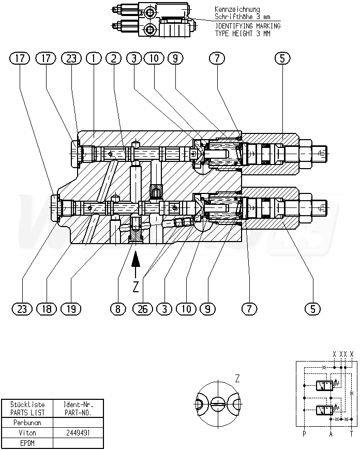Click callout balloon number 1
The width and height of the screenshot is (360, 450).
click(x=94, y=58)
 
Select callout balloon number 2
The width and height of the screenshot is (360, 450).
click(x=114, y=58)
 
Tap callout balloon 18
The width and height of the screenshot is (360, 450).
click(x=47, y=309)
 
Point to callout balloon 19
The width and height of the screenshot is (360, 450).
click(x=71, y=309)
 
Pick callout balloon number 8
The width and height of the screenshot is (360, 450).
click(x=118, y=309)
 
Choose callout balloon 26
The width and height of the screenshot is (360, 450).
click(x=141, y=309)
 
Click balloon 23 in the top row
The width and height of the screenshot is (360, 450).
click(x=71, y=58)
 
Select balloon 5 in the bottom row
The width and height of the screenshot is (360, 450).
click(x=312, y=309)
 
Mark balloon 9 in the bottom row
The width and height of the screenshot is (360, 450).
click(x=207, y=309)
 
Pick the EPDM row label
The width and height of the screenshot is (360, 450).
click(x=27, y=443)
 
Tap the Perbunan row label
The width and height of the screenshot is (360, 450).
click(x=27, y=422)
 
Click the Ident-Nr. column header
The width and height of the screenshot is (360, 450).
click(x=77, y=404)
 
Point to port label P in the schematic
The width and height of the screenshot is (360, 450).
click(x=304, y=434)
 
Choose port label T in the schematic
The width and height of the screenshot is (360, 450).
click(x=352, y=434)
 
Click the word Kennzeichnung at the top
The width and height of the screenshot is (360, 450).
click(x=237, y=9)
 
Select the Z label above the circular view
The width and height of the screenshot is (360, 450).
click(x=237, y=378)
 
